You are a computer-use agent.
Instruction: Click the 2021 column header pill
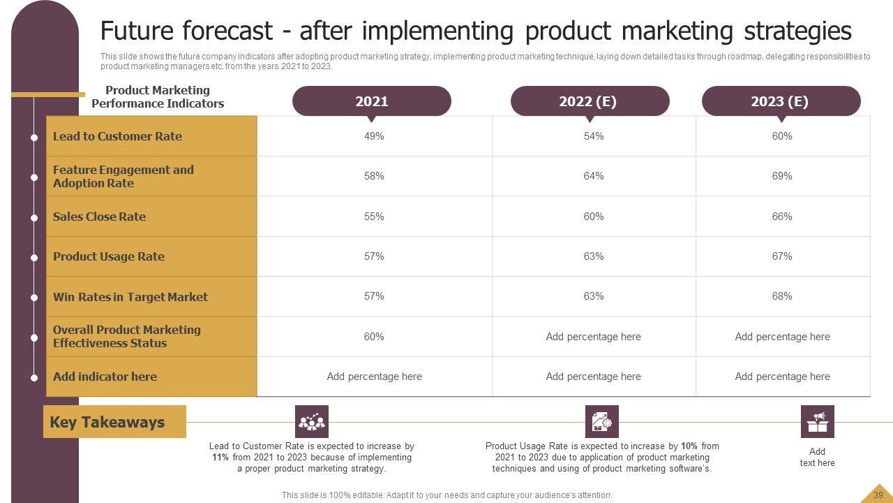(x=371, y=101)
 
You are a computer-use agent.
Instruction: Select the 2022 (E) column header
(x=590, y=101)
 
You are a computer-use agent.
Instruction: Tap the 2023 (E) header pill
(x=780, y=101)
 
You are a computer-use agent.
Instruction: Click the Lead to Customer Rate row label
(x=117, y=136)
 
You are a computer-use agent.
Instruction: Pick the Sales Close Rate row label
(x=99, y=217)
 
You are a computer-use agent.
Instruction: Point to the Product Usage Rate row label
(x=109, y=256)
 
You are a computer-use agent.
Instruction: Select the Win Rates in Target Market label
(x=130, y=297)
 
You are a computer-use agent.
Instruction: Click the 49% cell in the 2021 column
(x=374, y=136)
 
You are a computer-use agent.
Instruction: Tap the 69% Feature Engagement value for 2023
(x=781, y=176)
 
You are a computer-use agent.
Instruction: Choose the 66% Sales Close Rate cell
(x=781, y=217)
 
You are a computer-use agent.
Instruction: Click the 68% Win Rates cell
(x=781, y=296)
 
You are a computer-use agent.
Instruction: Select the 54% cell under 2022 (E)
(x=593, y=136)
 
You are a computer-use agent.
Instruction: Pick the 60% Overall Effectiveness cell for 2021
(x=374, y=337)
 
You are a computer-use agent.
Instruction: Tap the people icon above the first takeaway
(x=311, y=421)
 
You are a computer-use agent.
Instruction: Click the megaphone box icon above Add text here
(x=817, y=421)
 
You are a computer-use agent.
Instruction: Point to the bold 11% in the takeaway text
(x=221, y=458)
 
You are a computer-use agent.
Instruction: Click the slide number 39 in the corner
(x=878, y=495)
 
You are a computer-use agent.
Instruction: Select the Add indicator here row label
(x=105, y=377)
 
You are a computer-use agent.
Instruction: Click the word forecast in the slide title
(x=227, y=31)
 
